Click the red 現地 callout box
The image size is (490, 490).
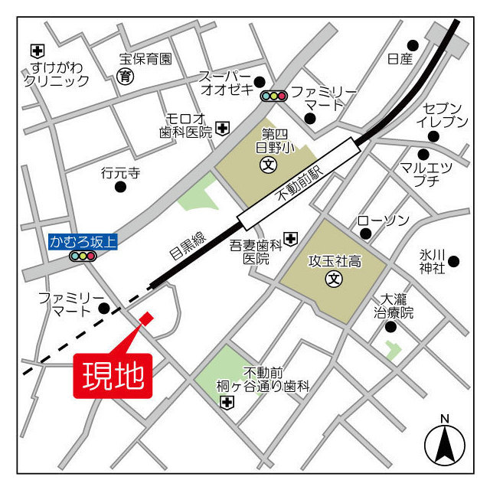[113, 376]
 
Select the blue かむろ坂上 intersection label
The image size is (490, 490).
[83, 242]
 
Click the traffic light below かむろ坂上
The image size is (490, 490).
[83, 256]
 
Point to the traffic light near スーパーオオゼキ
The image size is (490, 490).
[273, 96]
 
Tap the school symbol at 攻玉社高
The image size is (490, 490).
[334, 279]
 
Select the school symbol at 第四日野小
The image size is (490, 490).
[267, 164]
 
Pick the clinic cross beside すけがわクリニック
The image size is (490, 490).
[37, 51]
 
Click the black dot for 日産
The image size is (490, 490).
[413, 45]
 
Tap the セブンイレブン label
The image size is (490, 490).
[442, 114]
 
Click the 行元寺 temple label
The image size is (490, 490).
[120, 174]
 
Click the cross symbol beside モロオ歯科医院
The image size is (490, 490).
[222, 128]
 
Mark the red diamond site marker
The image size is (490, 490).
[145, 318]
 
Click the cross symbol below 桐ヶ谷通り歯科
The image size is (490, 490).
[227, 403]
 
